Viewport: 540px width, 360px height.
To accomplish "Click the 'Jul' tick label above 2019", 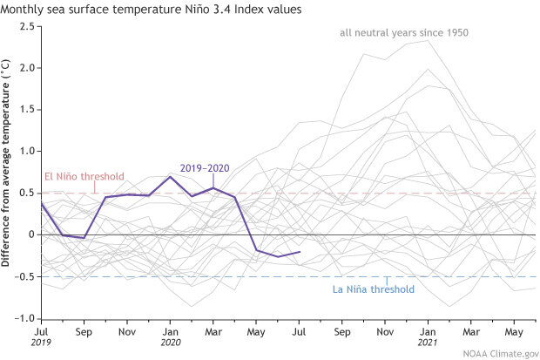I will (x=40, y=331).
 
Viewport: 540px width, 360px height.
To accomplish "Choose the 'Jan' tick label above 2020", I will (x=170, y=331).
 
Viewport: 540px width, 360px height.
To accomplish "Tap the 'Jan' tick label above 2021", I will (x=427, y=331).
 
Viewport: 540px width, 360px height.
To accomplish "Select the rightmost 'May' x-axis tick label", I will (x=514, y=331).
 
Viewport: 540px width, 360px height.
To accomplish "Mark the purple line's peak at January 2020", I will (x=170, y=176).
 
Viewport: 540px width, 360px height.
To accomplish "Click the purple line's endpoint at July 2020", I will (x=300, y=252).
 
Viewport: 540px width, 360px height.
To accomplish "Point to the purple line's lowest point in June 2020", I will (x=278, y=256).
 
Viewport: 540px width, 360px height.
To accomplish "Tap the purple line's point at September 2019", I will (x=84, y=238).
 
